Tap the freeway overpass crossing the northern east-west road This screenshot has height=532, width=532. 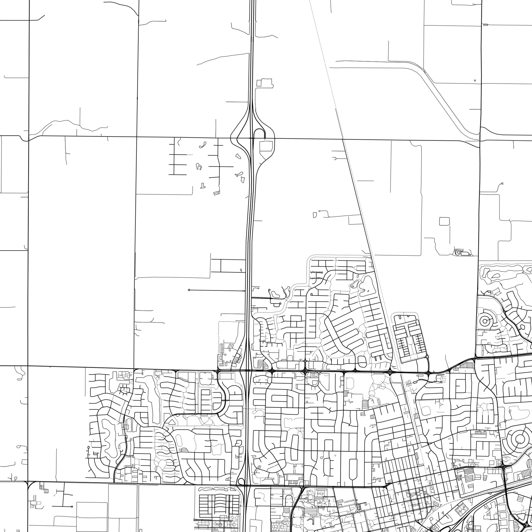[x=251, y=137]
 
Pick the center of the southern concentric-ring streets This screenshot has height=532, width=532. [x=519, y=438]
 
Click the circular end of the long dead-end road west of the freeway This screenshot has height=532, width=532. [x=189, y=290]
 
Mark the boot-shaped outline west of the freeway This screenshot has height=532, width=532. [x=203, y=186]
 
